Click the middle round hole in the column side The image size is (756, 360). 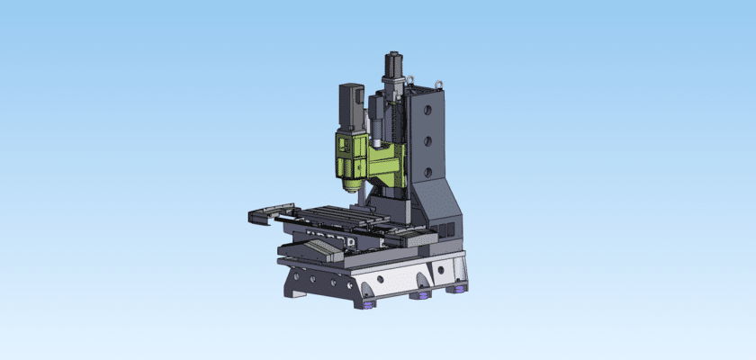429,139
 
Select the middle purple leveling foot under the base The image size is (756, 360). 420,294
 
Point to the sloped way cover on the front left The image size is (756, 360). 306,253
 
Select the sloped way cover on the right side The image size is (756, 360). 415,238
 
